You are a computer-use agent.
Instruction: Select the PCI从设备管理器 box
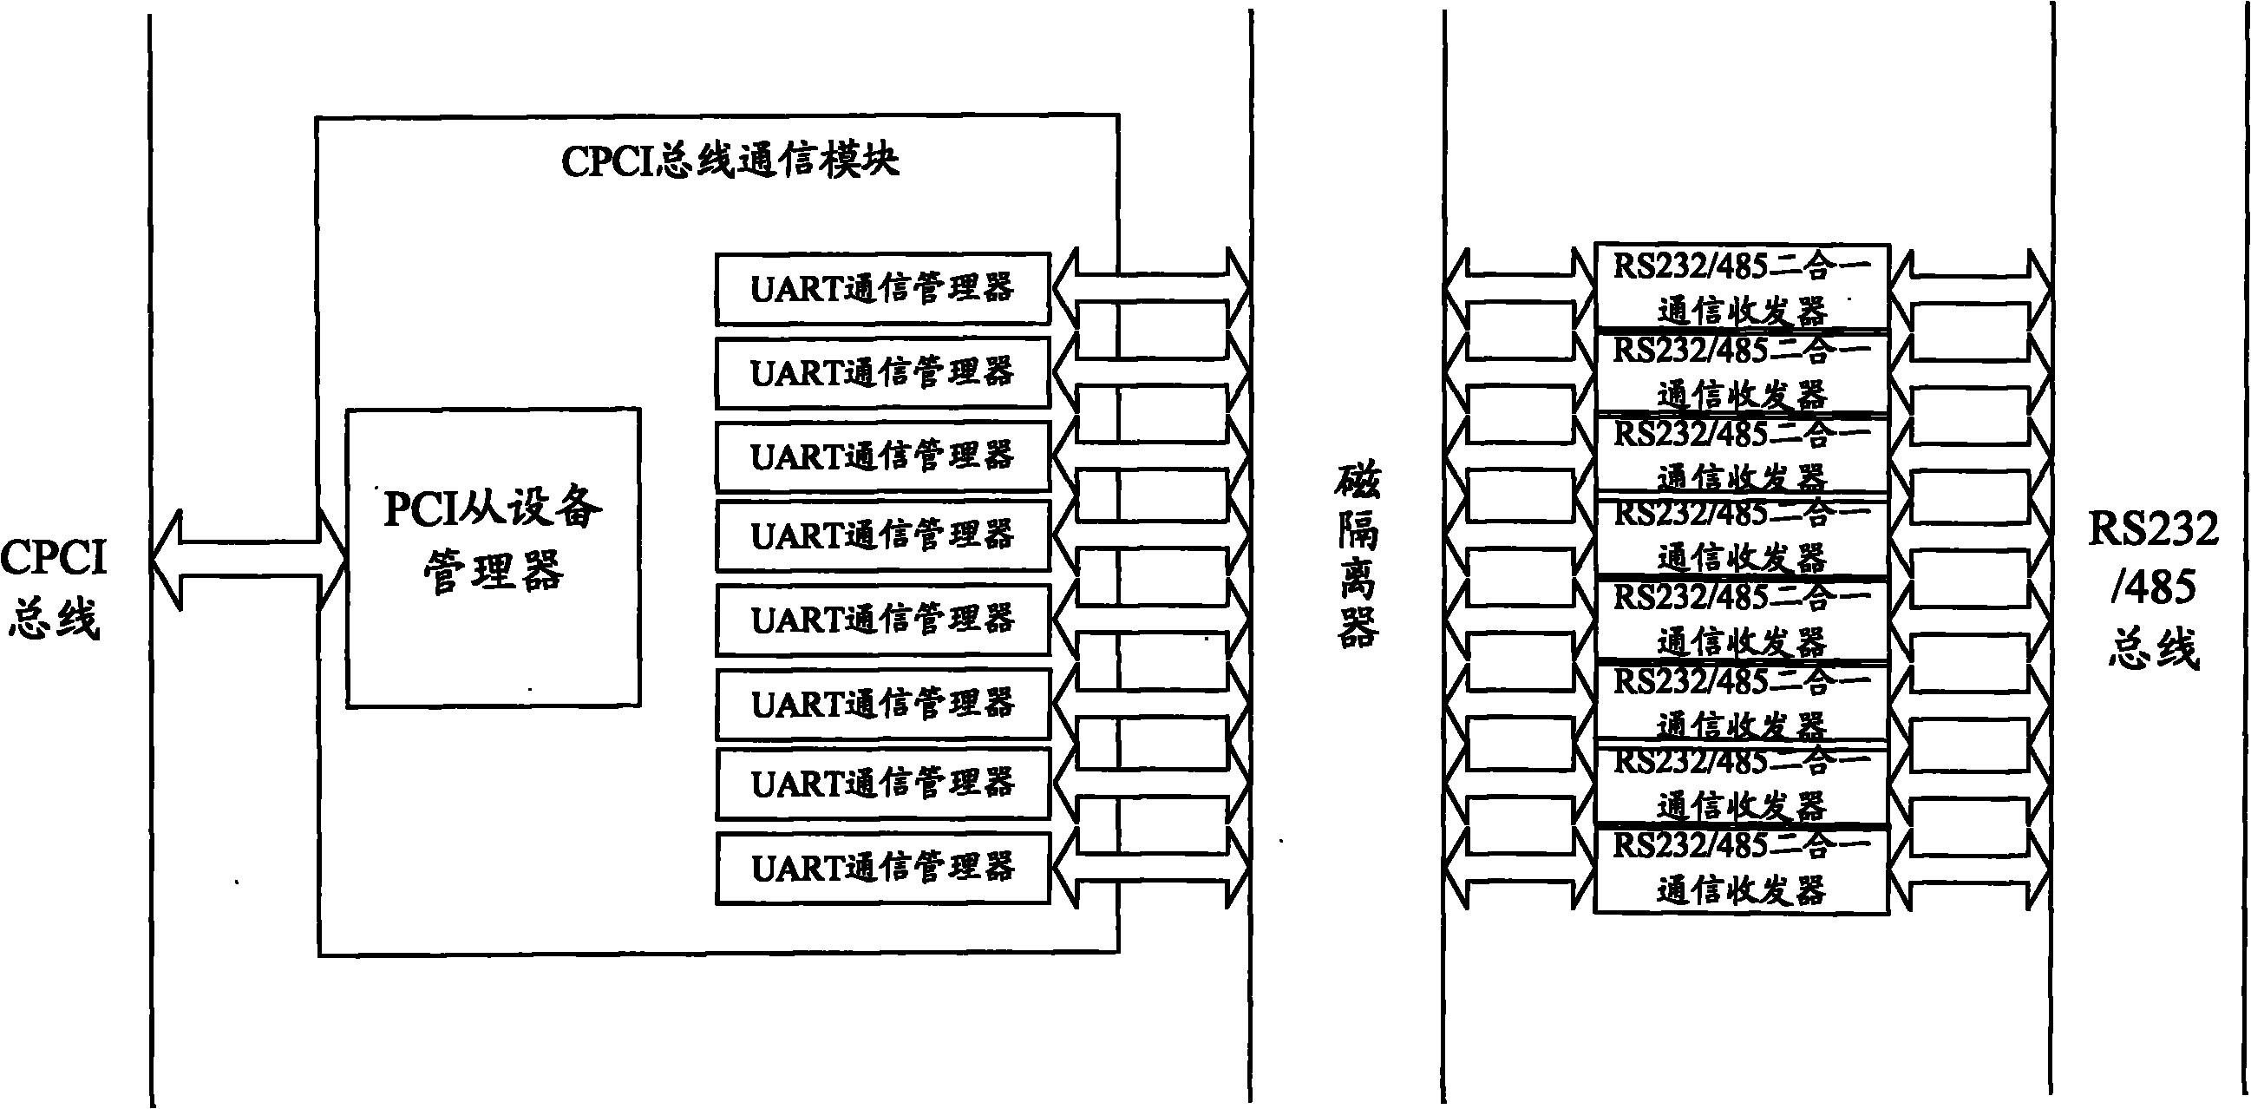pyautogui.click(x=493, y=557)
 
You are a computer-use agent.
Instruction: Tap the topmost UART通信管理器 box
pyautogui.click(x=882, y=288)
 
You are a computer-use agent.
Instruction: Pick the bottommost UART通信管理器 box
pyautogui.click(x=882, y=868)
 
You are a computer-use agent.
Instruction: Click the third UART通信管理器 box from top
pyautogui.click(x=882, y=456)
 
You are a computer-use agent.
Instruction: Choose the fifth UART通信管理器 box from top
pyautogui.click(x=882, y=620)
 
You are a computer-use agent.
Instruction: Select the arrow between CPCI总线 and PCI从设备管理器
pyautogui.click(x=248, y=560)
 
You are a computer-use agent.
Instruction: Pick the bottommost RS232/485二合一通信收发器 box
pyautogui.click(x=1742, y=869)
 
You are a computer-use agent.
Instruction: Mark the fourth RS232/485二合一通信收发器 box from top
pyautogui.click(x=1742, y=535)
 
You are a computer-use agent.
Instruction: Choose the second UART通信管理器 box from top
pyautogui.click(x=882, y=372)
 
